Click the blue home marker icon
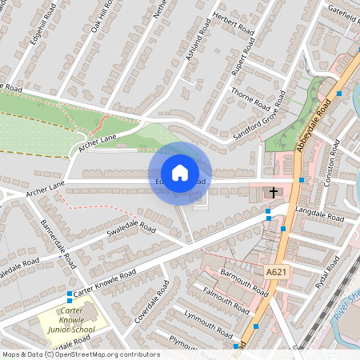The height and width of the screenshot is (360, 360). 180,173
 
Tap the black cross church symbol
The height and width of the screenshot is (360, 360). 273,192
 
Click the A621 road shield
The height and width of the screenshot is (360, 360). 276,272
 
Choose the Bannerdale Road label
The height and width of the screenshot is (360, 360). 58,242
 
